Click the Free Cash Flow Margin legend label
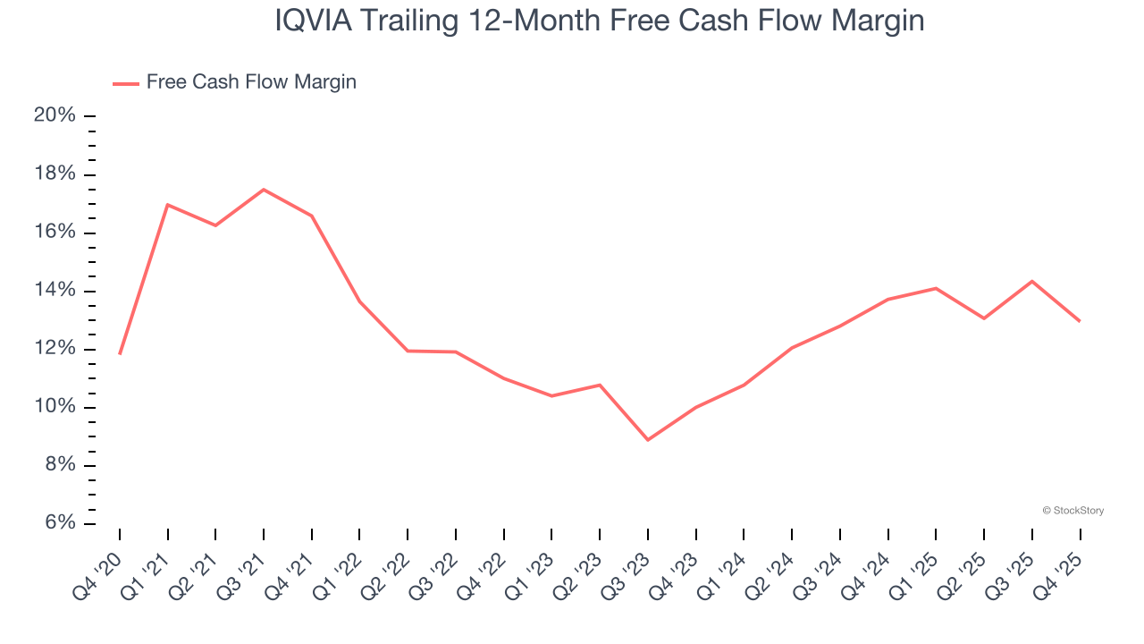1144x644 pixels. click(x=251, y=82)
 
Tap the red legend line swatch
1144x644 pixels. click(x=125, y=83)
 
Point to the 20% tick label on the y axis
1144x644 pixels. click(x=55, y=115)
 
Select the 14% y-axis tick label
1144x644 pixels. click(x=55, y=291)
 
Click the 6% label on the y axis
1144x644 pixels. click(x=60, y=523)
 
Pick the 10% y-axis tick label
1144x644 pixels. click(x=55, y=407)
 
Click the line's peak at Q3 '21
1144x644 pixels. click(x=264, y=190)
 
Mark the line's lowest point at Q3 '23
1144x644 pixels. click(x=648, y=440)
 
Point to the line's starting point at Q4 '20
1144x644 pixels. click(x=120, y=354)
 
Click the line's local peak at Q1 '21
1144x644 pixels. click(x=168, y=205)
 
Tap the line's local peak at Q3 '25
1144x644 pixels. click(x=1032, y=281)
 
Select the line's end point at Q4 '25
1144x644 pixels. click(x=1080, y=321)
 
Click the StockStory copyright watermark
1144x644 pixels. click(x=1072, y=511)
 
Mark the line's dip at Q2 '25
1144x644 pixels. click(x=984, y=318)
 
